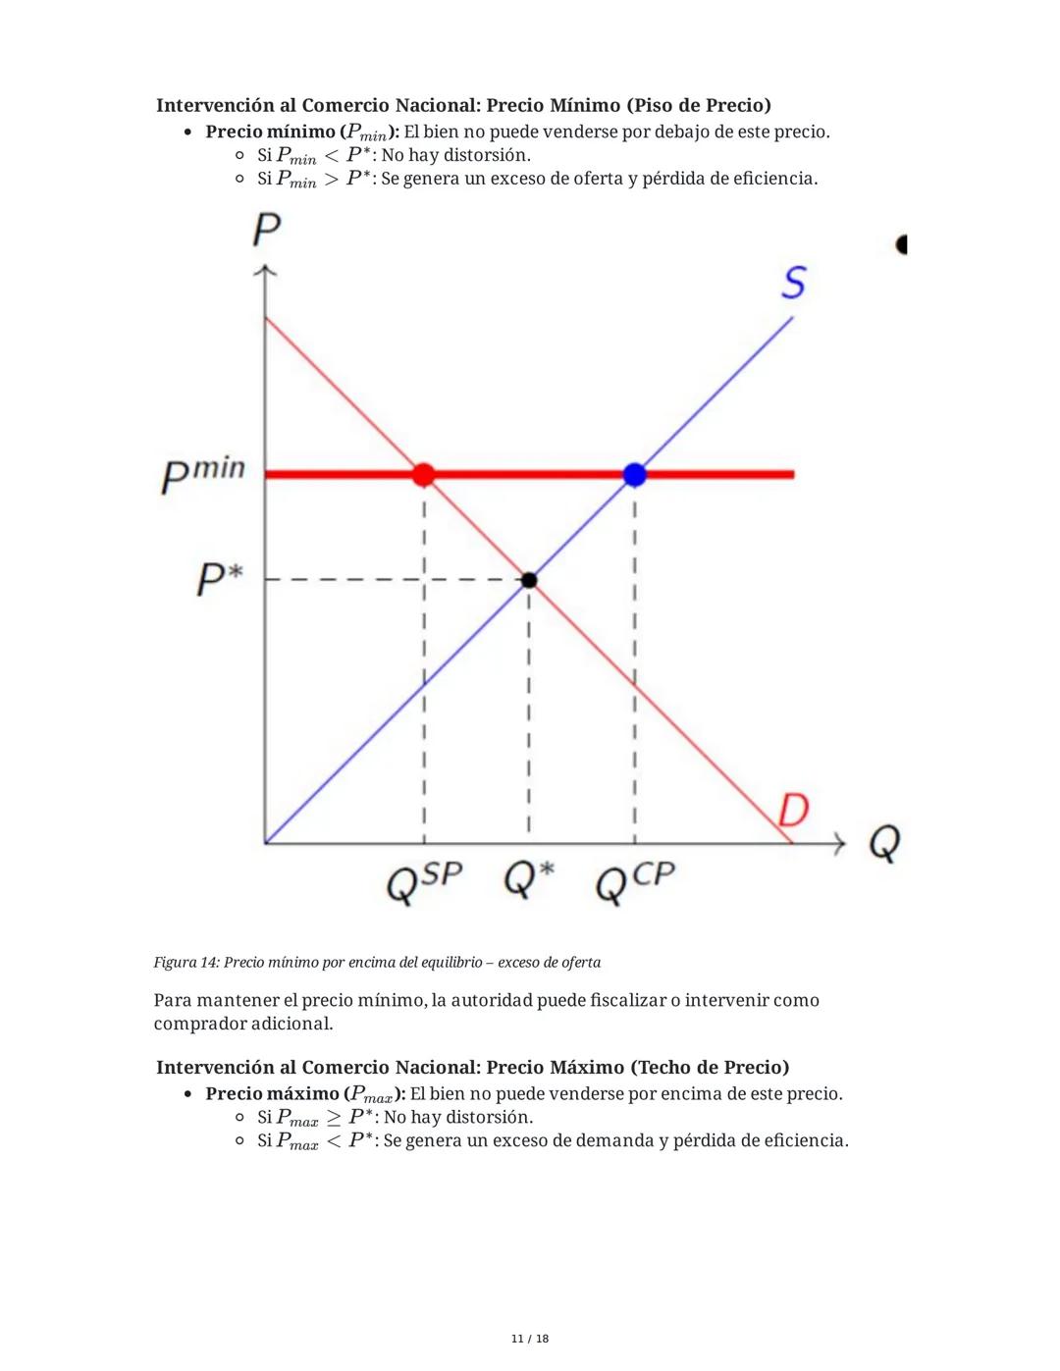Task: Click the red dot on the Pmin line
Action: click(423, 475)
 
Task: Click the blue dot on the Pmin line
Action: click(635, 475)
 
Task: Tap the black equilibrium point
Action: click(529, 580)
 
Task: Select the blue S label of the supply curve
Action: click(794, 283)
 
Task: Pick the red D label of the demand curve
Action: click(793, 811)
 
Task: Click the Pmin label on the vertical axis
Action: click(203, 474)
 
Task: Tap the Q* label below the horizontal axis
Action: click(529, 879)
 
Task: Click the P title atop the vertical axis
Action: click(266, 230)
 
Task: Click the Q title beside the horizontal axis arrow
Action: click(884, 842)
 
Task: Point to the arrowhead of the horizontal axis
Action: click(839, 843)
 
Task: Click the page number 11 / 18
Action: click(530, 1339)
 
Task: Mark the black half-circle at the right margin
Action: click(902, 244)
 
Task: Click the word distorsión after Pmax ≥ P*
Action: click(489, 1118)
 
